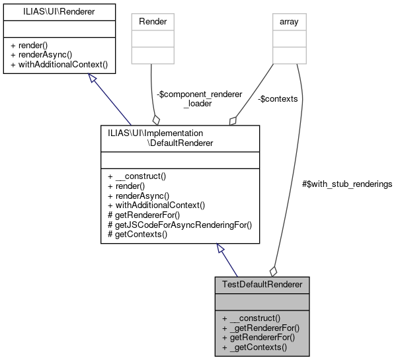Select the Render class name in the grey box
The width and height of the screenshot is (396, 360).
[153, 21]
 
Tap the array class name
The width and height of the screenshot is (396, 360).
[290, 21]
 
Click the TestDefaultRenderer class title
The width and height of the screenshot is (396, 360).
[262, 284]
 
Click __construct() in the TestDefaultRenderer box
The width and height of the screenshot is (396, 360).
[254, 318]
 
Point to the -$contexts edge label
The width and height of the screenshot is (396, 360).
[278, 99]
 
